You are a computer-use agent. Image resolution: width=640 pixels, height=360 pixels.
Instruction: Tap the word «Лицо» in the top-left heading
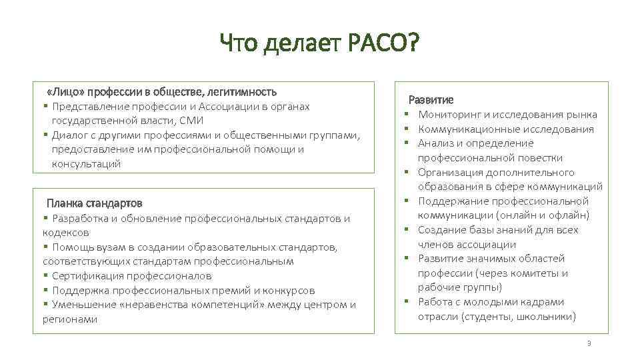(66, 91)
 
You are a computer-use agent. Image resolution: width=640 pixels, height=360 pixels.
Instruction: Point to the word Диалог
(71, 135)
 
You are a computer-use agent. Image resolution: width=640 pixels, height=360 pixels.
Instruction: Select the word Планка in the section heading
(64, 203)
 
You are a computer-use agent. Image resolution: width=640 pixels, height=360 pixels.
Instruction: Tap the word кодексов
(65, 233)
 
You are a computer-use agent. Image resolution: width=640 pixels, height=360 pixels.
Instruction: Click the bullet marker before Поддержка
(45, 291)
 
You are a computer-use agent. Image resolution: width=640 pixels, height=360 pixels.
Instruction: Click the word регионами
(65, 319)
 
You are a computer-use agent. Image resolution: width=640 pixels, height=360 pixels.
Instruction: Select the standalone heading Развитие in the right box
(431, 100)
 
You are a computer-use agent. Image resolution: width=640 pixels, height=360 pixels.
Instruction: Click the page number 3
(589, 343)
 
